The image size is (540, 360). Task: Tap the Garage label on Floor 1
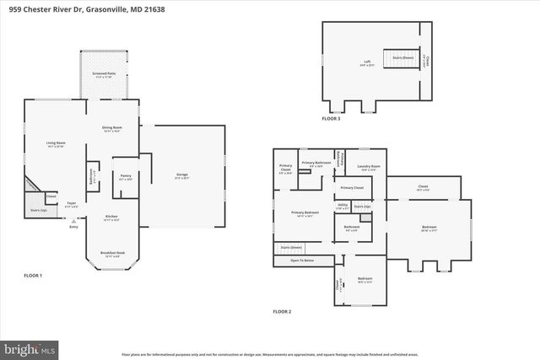click(181, 176)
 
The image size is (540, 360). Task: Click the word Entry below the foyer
click(73, 227)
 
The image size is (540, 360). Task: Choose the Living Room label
click(56, 144)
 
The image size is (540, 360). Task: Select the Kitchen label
click(111, 218)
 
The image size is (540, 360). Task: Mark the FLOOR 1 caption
click(33, 276)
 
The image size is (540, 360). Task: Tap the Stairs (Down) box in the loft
click(402, 59)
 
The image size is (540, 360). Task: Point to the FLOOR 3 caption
click(332, 119)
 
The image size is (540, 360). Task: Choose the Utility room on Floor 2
click(343, 205)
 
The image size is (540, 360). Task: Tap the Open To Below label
click(302, 261)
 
